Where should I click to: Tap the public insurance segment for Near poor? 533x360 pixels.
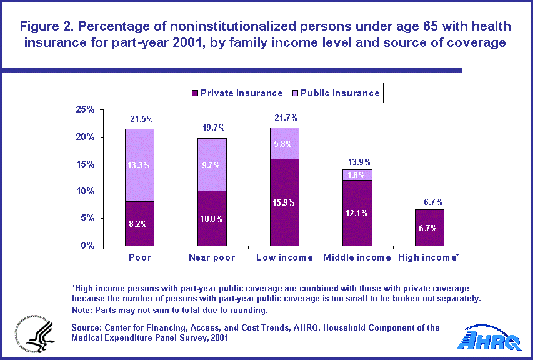coord(212,164)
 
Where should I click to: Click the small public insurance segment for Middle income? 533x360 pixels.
coord(356,174)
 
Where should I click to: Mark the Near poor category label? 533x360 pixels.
coord(212,257)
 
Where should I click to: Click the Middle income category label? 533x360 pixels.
coord(356,257)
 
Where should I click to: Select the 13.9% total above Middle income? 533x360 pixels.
coord(356,161)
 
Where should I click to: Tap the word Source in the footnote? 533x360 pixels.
coord(87,328)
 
